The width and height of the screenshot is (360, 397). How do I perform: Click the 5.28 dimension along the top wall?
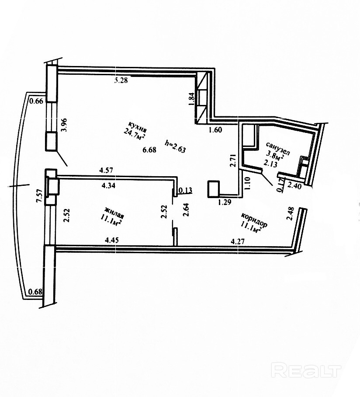(x=121, y=80)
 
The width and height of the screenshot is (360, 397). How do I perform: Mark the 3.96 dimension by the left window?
(x=64, y=125)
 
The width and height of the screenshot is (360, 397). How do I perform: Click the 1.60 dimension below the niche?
(x=215, y=129)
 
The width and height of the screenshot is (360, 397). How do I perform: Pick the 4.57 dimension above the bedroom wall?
(x=107, y=170)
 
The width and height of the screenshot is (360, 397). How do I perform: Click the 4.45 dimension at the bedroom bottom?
(x=112, y=240)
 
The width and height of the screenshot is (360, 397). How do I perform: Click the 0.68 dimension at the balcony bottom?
(x=35, y=292)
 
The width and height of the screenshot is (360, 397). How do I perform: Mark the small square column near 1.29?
(x=213, y=189)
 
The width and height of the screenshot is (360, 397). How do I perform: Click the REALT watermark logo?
(x=305, y=371)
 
